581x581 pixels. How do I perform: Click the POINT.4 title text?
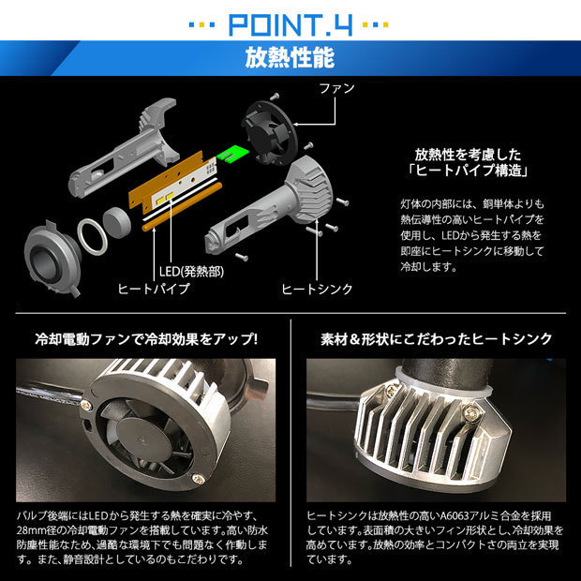290,24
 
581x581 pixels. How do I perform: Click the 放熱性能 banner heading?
290,58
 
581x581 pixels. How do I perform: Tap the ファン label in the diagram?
336,88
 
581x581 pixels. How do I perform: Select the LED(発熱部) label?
191,272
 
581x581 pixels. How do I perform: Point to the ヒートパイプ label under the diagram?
154,289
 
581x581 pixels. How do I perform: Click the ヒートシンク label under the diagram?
317,290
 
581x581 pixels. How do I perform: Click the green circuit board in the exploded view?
232,153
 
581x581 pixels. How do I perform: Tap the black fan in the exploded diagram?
269,132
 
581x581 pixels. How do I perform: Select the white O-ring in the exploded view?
93,236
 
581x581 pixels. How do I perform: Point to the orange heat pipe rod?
182,207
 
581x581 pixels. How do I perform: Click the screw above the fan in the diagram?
275,97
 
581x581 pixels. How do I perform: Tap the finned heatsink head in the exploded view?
310,188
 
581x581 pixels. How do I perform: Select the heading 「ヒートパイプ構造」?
468,171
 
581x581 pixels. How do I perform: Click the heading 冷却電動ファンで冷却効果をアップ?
146,339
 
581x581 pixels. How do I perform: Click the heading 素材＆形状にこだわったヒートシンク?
436,339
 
